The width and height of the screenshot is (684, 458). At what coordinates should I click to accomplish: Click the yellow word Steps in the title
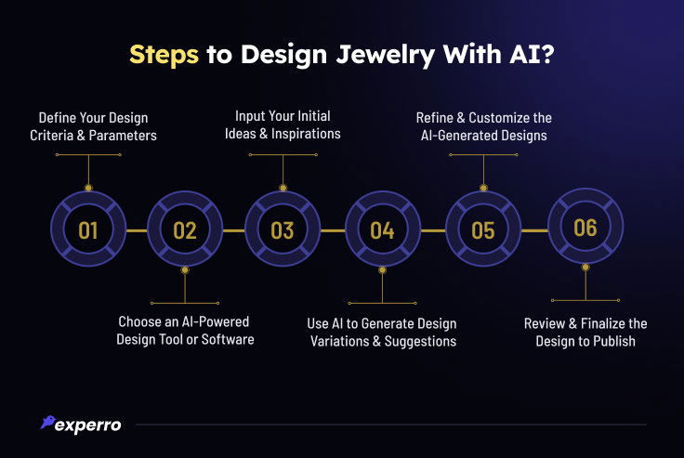click(x=164, y=55)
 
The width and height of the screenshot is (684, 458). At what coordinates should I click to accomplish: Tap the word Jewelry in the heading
click(x=385, y=56)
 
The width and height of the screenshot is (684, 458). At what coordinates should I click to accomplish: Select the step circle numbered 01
click(x=88, y=229)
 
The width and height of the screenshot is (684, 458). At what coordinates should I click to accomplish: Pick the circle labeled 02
click(x=185, y=229)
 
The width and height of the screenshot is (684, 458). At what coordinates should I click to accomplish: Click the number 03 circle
click(x=283, y=229)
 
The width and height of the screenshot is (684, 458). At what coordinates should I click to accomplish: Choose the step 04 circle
click(x=383, y=229)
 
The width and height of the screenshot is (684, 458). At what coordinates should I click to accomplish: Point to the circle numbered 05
click(x=483, y=229)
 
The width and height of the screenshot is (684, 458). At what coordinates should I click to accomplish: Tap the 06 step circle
click(x=585, y=227)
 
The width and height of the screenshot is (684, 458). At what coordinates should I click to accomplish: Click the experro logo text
click(x=88, y=425)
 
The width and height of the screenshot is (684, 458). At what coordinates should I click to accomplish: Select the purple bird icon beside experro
click(x=47, y=422)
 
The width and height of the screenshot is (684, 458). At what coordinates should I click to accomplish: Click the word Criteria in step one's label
click(x=51, y=136)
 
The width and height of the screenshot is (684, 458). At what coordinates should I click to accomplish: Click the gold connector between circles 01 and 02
click(x=137, y=230)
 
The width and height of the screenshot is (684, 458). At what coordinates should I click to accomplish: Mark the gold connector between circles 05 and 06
click(x=534, y=230)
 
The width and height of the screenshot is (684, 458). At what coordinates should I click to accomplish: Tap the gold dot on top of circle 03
click(x=283, y=188)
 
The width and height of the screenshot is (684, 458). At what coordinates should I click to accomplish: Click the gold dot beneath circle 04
click(x=383, y=270)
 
